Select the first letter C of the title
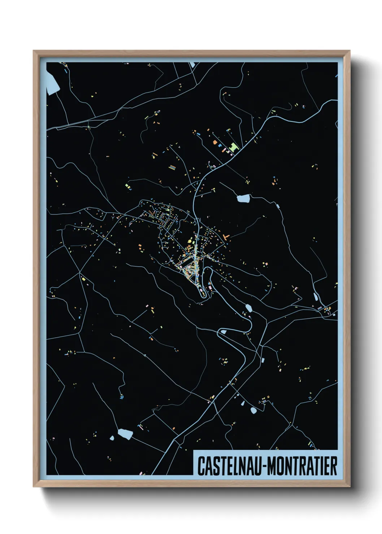[x=200, y=466]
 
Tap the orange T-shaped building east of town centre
[x=226, y=237]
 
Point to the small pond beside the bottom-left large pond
[x=112, y=438]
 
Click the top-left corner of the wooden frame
[x=34, y=51]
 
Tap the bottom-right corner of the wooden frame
[x=350, y=486]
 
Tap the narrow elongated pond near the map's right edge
[x=316, y=297]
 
